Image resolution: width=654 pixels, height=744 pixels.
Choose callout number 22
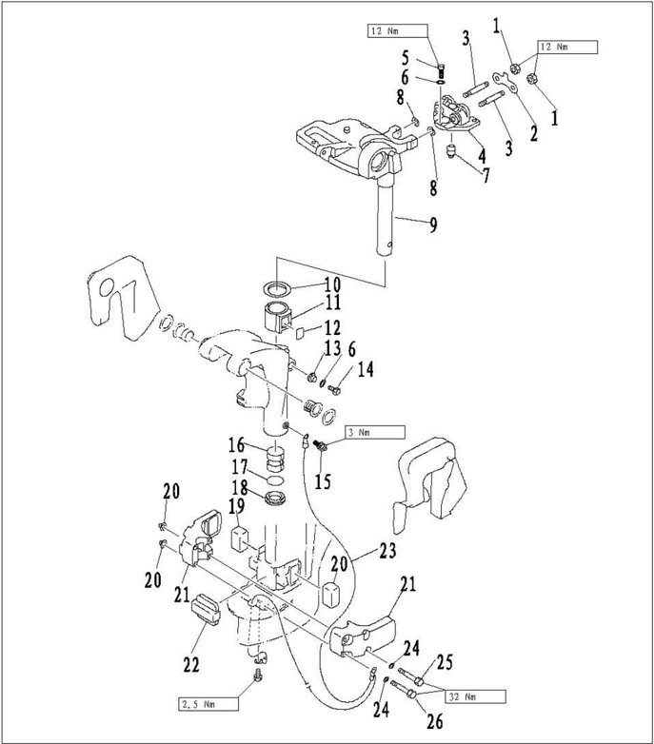191,664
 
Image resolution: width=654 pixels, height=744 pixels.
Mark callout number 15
323,481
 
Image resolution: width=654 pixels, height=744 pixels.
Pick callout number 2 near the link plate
533,132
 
